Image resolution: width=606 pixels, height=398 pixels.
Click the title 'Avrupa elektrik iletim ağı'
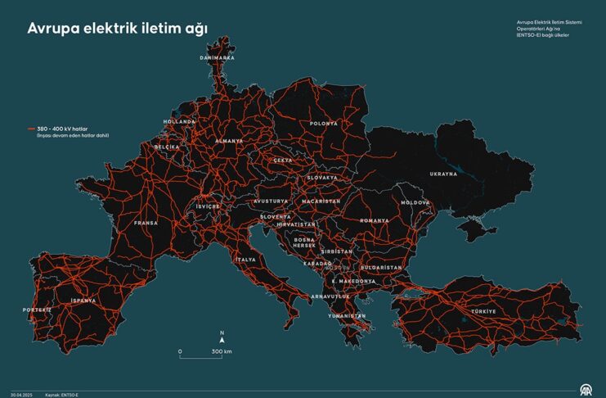[x=118, y=28]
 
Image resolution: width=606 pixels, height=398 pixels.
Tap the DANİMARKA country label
[x=218, y=58]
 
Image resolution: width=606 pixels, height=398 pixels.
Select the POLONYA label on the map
[x=324, y=124]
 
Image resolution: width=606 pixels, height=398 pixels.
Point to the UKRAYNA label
[x=444, y=174]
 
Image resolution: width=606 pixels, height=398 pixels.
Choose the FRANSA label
[x=146, y=222]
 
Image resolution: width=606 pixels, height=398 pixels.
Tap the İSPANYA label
[x=83, y=301]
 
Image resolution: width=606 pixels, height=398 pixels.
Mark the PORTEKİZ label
[x=37, y=310]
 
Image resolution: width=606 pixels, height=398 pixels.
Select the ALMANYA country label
[x=229, y=141]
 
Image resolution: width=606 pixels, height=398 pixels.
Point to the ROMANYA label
[x=374, y=220]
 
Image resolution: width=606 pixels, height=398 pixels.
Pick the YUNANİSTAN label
[x=346, y=315]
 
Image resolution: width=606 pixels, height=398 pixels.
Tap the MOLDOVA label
[x=415, y=202]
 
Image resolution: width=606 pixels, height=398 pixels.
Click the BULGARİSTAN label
[x=381, y=267]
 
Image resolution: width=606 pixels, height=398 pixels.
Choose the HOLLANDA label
[x=180, y=121]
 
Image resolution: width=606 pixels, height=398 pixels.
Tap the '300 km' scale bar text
[x=222, y=351]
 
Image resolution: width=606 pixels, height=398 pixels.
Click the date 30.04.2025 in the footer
[x=21, y=394]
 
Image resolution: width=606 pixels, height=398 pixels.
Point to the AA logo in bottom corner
[x=586, y=388]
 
